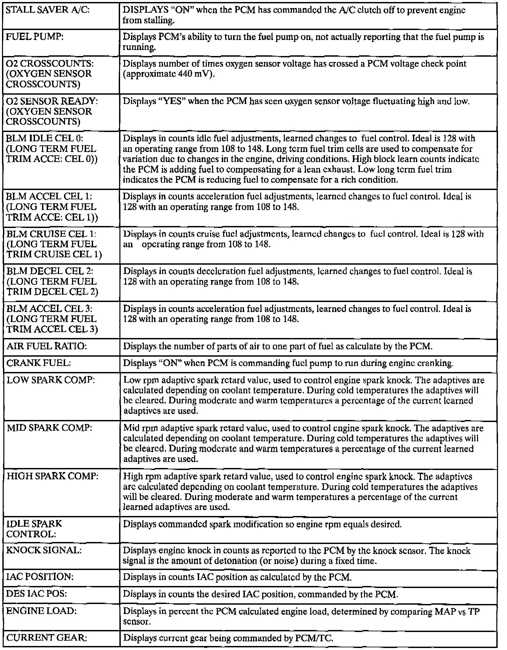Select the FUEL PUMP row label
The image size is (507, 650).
tap(35, 37)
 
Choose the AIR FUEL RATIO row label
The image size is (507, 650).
tap(46, 346)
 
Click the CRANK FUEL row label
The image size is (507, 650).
tap(39, 363)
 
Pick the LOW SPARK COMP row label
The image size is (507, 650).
tap(51, 380)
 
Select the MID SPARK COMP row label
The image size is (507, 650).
tap(49, 428)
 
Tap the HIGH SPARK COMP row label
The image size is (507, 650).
tap(53, 476)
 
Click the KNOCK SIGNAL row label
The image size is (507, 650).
tap(44, 550)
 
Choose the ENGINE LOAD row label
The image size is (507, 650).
tap(41, 611)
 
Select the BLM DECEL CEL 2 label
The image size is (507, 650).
tap(50, 271)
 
